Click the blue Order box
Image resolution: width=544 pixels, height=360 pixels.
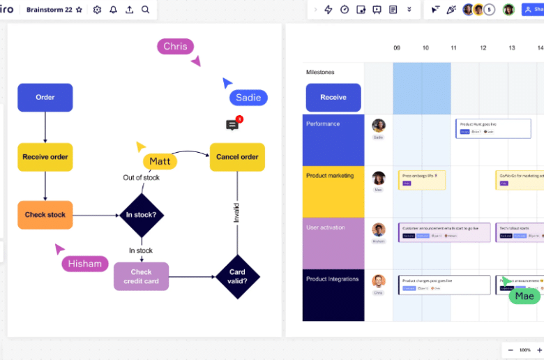(45, 98)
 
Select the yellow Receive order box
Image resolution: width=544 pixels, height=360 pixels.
(45, 157)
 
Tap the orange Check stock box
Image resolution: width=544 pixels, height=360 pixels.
(45, 215)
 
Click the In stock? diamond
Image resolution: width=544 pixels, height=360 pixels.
(142, 215)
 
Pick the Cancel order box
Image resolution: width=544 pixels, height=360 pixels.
(237, 157)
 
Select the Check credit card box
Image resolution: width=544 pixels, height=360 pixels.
(141, 276)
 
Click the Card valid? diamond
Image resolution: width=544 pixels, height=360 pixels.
(237, 276)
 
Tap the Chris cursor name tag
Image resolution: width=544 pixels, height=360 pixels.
(175, 47)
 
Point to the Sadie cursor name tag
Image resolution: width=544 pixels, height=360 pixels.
(248, 98)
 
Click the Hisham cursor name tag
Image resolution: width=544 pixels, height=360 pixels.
(85, 264)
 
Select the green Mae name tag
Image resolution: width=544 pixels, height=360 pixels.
(524, 296)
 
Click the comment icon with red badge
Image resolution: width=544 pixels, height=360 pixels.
(233, 125)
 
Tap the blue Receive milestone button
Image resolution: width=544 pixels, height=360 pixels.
(333, 98)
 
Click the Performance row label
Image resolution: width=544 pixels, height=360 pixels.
(323, 124)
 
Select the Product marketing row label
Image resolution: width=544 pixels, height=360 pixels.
(330, 176)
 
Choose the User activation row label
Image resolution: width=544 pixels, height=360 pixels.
(326, 227)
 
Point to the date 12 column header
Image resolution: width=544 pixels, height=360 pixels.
(483, 48)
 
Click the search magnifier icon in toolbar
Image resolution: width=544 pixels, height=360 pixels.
(145, 10)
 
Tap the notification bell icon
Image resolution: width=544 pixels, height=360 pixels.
(113, 10)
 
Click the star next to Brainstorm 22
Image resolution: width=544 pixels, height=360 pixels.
(79, 10)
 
